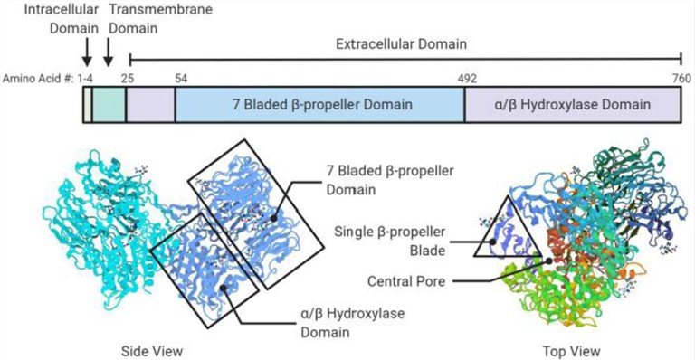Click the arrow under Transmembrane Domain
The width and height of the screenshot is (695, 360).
108,52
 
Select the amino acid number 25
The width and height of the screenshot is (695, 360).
127,80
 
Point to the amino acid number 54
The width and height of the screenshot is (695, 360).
181,80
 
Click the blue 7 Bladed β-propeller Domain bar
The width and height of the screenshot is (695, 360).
319,106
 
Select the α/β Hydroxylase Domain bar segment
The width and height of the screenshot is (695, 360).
576,106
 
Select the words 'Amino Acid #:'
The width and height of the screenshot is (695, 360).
38,80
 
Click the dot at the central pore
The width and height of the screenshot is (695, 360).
548,261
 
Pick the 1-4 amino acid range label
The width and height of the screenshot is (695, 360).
86,80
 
